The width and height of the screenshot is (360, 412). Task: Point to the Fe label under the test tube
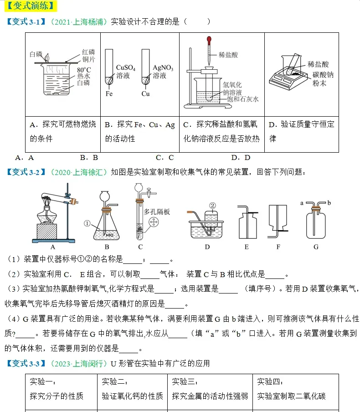coord(109,94)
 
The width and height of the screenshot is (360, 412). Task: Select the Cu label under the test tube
coord(145,94)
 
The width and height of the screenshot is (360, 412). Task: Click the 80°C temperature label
coord(83,69)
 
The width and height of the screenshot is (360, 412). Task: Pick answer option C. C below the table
coord(165,158)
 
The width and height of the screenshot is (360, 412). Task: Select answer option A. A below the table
coord(25,158)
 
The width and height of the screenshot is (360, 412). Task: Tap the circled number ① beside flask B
coord(88,223)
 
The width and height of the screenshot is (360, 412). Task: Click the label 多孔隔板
coord(157,211)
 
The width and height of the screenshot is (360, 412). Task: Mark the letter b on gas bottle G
coord(329,202)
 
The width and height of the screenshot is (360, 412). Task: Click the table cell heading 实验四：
coord(271,381)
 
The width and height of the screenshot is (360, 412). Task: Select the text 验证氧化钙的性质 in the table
coord(132,396)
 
